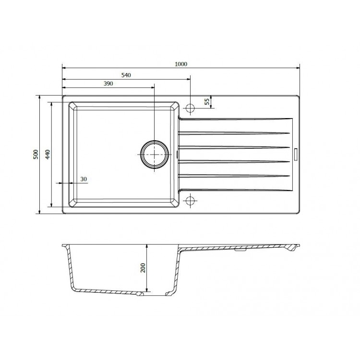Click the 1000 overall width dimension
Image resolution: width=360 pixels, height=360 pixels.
coord(181,64)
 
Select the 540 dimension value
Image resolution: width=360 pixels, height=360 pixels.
coord(126,75)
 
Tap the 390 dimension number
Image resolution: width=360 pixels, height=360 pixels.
coord(108,84)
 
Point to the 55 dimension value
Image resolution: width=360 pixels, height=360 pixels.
coord(207,101)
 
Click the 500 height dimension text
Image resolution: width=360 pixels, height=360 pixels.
coord(36,154)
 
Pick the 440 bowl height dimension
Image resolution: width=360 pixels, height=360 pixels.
coord(48,154)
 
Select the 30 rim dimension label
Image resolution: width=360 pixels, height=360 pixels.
coord(84,179)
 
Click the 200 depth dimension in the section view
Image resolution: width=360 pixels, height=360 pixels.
coord(143,268)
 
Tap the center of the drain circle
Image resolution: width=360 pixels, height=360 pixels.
coord(154,154)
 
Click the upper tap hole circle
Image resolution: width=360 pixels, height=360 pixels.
coord(190,108)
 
